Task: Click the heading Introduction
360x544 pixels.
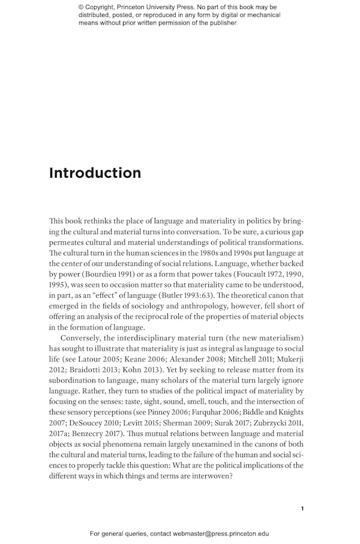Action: coord(95,173)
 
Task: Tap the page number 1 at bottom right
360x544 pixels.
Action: coord(302,509)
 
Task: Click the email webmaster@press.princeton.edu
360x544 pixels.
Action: coord(221,533)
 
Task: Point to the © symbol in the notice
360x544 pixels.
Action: coord(82,7)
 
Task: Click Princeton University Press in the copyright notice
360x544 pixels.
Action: coord(161,7)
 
